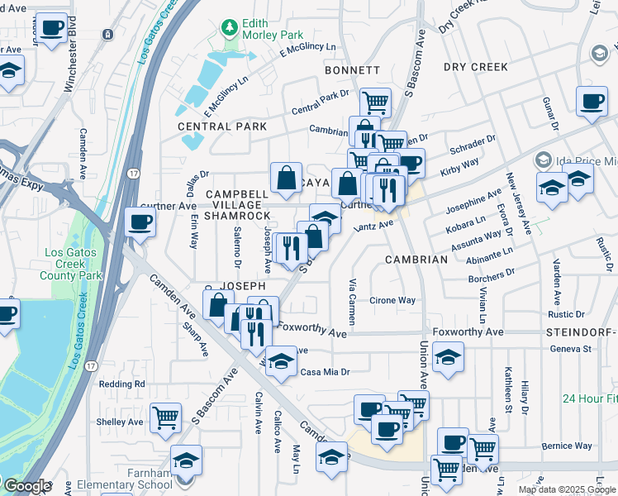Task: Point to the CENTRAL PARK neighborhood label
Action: [222, 126]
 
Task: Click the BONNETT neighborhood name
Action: [352, 70]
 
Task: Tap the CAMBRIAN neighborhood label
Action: [416, 259]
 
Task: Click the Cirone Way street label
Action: [392, 301]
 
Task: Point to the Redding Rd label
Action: [121, 384]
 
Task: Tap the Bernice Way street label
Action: [568, 446]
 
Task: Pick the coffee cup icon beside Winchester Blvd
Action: [53, 27]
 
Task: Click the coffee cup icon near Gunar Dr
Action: [591, 102]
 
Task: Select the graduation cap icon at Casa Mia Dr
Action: [281, 360]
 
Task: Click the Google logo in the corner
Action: [27, 486]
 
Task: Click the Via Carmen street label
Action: [352, 301]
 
